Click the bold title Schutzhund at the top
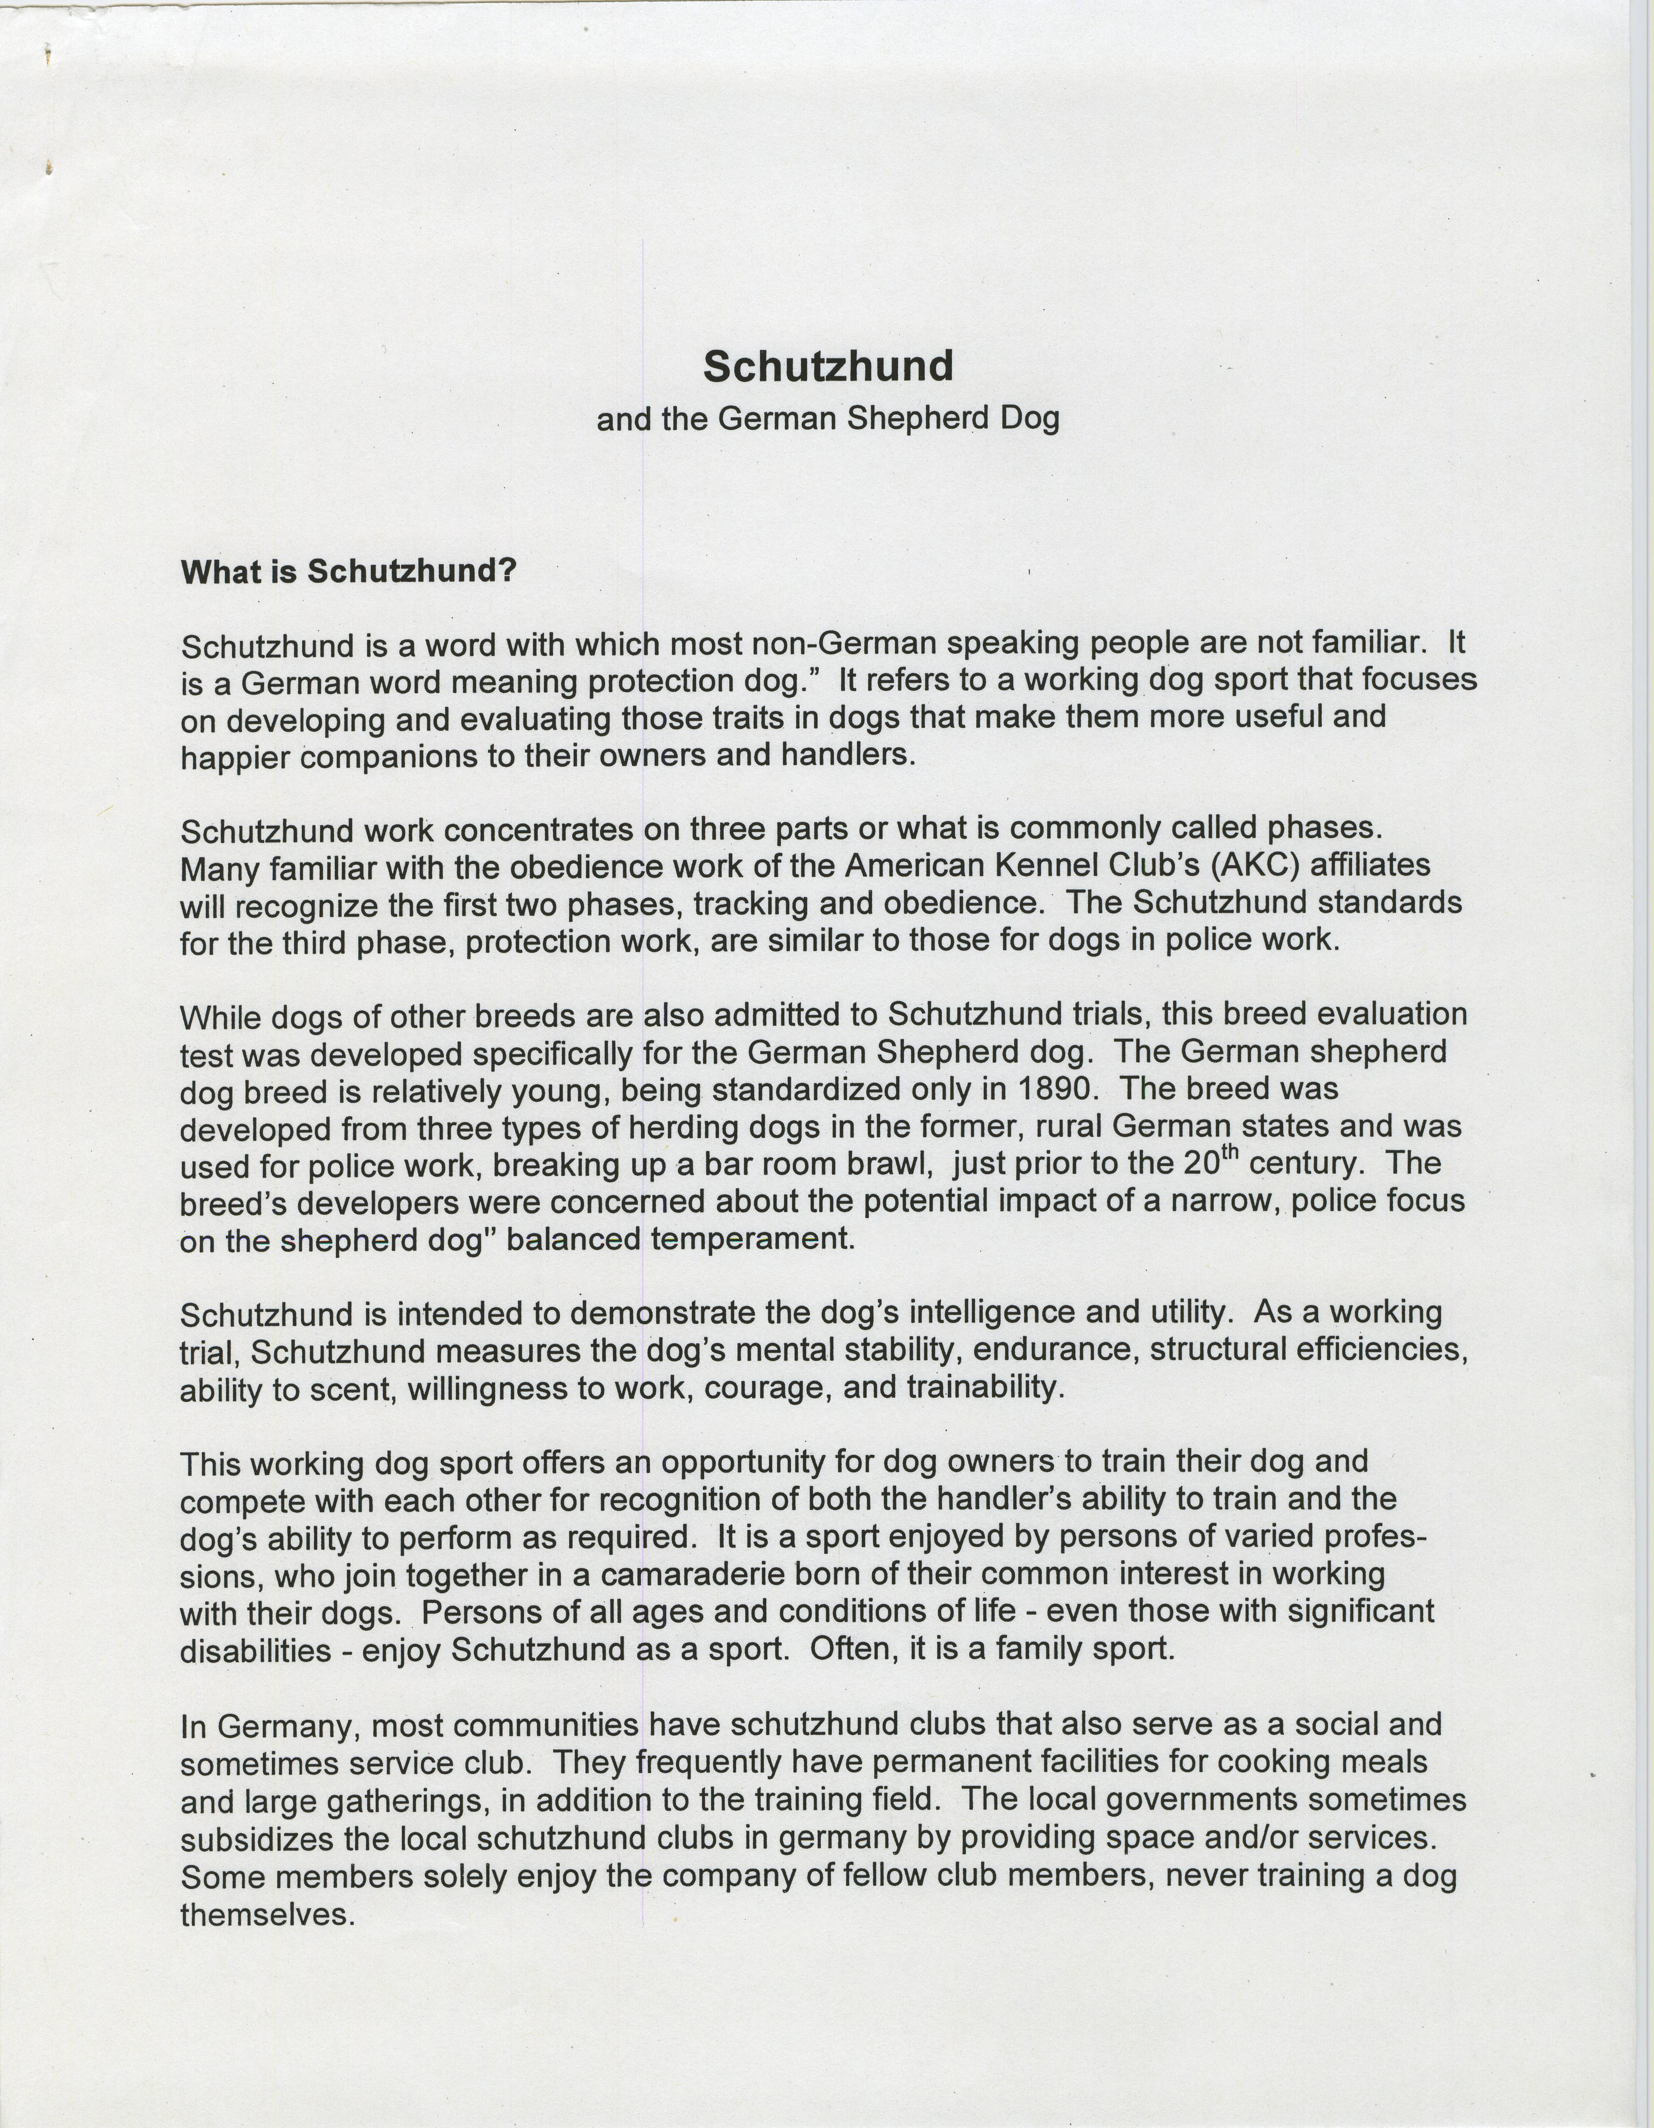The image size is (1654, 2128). point(827,367)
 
